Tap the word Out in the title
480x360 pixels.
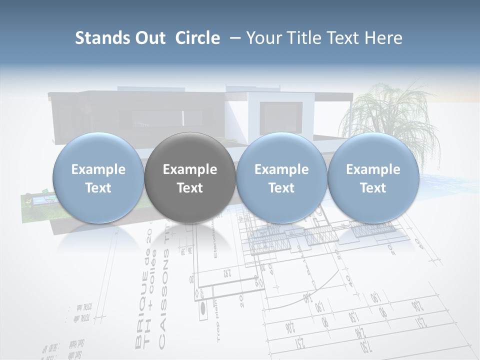point(149,38)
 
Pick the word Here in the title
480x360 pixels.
point(383,38)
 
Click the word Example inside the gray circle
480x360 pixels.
point(190,170)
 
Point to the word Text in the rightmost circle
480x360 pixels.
point(373,188)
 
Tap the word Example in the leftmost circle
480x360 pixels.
point(98,169)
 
